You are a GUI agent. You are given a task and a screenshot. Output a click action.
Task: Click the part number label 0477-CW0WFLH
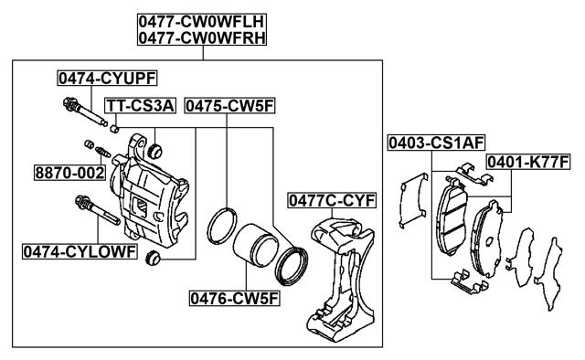pos(202,20)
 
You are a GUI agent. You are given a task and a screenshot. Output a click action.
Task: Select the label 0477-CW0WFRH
pos(202,37)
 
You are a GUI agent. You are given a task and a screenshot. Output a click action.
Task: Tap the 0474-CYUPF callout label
pos(95,79)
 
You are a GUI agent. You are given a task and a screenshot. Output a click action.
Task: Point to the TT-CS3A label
pos(138,106)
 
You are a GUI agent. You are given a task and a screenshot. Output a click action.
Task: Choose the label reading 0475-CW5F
pos(229,106)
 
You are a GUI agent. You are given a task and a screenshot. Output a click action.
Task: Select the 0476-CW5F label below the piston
pos(234,297)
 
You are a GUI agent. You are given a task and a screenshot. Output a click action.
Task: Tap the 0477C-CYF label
pos(333,200)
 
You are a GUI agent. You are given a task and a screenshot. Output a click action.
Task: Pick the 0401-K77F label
pos(528,163)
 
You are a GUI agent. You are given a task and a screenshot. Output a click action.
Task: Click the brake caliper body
pos(151,196)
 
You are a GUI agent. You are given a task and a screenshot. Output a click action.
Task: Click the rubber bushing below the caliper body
pos(154,259)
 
